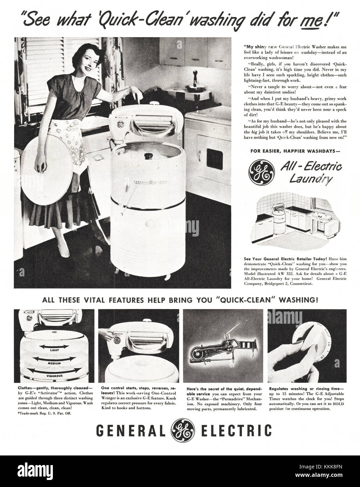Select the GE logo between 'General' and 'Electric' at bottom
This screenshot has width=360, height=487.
click(180, 429)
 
